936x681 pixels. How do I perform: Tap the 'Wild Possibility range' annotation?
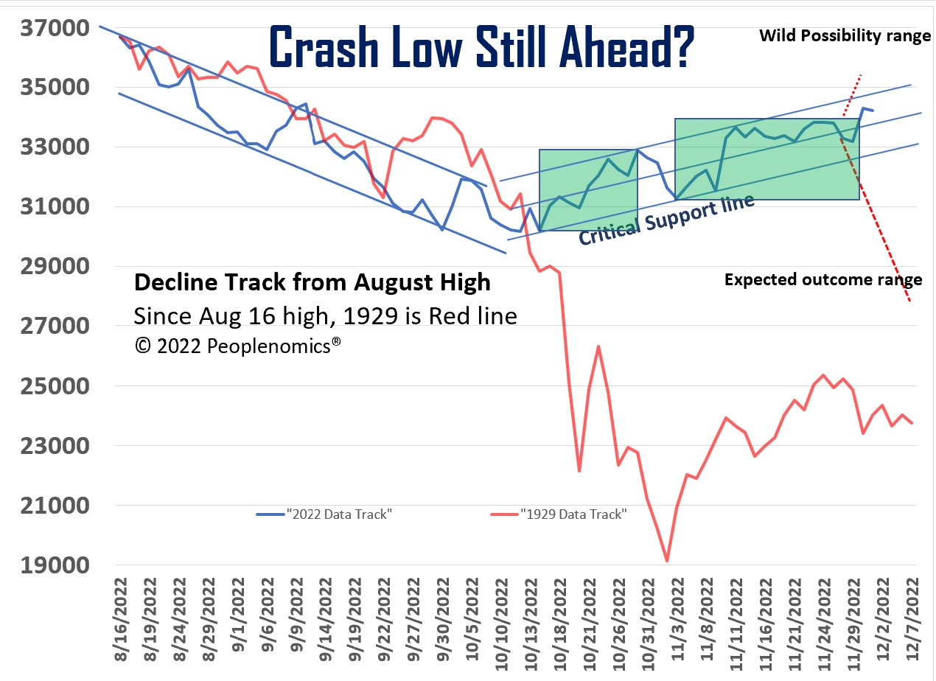(x=845, y=35)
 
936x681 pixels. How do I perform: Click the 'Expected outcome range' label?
(x=823, y=280)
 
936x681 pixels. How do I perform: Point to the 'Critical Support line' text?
(x=666, y=220)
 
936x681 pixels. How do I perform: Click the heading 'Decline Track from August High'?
(x=312, y=282)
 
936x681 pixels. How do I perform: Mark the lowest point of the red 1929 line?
(x=667, y=561)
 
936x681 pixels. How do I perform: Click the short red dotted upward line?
(x=853, y=92)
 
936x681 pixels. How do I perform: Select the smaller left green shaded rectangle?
(x=588, y=190)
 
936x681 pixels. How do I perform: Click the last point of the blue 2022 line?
(x=873, y=111)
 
